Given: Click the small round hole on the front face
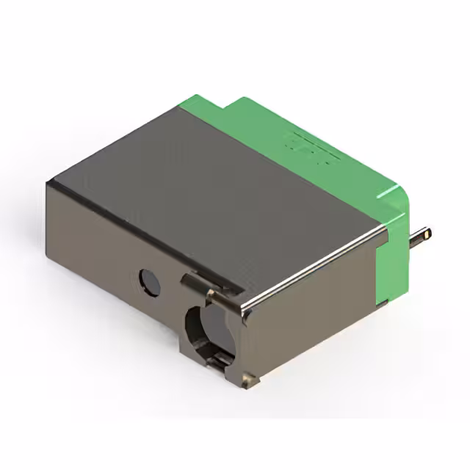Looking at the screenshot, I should point(150,282).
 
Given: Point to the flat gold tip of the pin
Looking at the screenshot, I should point(427,234).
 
